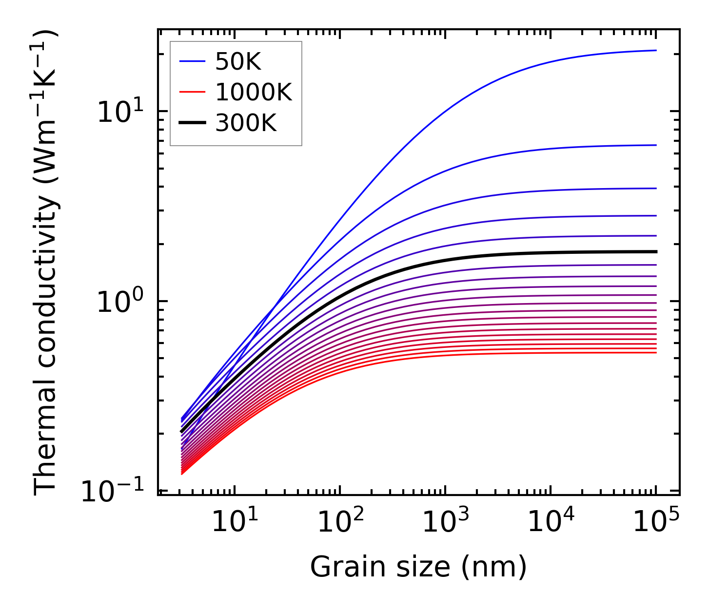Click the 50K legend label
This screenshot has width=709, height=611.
[238, 62]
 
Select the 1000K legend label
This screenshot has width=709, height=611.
[253, 93]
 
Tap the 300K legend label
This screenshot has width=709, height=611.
[246, 123]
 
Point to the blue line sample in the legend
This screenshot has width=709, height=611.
[192, 61]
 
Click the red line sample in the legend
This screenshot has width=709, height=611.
[192, 92]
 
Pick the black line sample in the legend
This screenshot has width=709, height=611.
[192, 123]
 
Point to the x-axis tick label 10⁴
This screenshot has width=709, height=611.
[551, 522]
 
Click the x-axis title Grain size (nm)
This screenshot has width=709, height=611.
[418, 567]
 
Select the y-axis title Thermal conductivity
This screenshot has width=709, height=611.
[47, 262]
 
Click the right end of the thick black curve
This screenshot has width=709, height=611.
[656, 251]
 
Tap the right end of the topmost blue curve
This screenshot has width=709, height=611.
[656, 50]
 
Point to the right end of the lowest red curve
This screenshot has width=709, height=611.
[656, 352]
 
